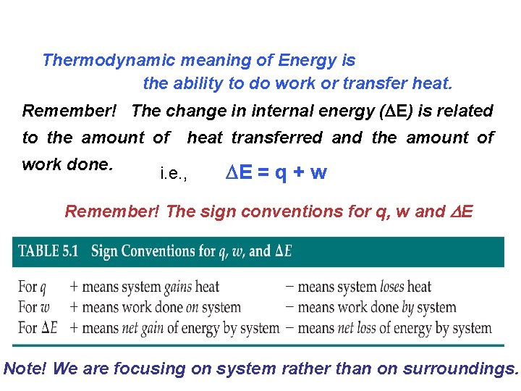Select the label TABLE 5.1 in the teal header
(x=49, y=251)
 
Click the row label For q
(x=32, y=287)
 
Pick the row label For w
(x=33, y=307)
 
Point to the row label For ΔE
(x=38, y=327)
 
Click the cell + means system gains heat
(x=144, y=287)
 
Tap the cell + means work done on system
(x=155, y=307)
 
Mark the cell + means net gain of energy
(x=174, y=327)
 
